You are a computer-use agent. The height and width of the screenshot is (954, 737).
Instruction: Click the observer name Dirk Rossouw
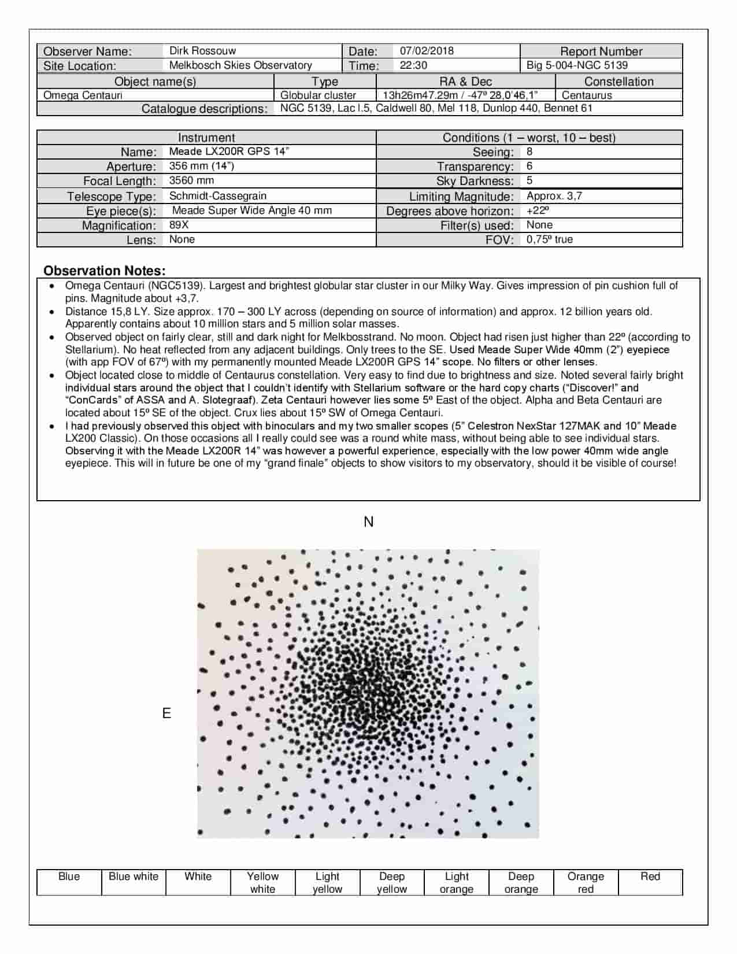[x=202, y=51]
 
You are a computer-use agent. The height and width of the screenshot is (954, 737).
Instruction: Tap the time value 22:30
[x=413, y=65]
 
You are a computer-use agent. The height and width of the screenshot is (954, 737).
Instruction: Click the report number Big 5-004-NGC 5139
[x=577, y=65]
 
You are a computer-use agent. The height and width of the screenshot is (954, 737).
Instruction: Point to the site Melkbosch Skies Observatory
[x=240, y=65]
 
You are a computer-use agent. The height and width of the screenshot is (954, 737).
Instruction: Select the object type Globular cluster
[x=318, y=95]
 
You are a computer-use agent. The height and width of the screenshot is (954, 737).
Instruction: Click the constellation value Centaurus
[x=587, y=95]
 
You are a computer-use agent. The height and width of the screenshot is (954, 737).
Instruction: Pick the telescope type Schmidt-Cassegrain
[x=217, y=196]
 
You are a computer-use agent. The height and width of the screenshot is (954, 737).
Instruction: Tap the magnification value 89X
[x=179, y=225]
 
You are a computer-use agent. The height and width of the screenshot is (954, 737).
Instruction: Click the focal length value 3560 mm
[x=191, y=180]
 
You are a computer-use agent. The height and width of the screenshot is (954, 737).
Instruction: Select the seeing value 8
[x=529, y=152]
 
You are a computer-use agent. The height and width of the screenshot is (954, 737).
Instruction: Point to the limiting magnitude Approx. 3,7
[x=554, y=196]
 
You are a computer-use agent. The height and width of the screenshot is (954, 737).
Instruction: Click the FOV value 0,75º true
[x=549, y=239]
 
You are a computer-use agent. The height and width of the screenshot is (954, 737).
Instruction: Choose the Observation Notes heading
[x=104, y=271]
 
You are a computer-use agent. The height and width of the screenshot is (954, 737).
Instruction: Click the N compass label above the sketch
[x=368, y=522]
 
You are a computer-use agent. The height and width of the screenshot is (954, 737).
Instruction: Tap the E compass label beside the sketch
[x=166, y=713]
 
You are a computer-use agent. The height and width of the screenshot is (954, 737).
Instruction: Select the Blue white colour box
[x=134, y=882]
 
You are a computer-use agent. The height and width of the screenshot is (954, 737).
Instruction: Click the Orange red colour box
[x=586, y=882]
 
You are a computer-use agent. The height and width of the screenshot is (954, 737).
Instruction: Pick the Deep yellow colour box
[x=392, y=882]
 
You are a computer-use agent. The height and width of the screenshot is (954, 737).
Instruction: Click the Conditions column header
[x=529, y=138]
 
